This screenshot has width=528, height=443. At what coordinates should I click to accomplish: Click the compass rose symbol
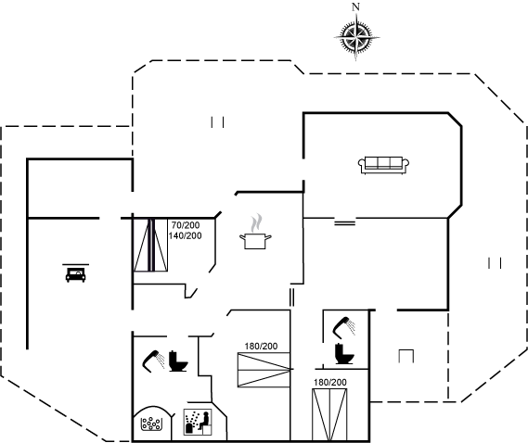coord(356,37)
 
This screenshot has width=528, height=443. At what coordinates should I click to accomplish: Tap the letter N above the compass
coord(355,6)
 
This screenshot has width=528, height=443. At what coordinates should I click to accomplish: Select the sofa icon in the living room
coord(383,165)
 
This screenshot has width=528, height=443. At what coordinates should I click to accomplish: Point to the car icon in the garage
coord(75,272)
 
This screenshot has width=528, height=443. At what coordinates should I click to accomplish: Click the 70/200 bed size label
coord(186,225)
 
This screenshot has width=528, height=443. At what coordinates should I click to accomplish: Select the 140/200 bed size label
coord(186,235)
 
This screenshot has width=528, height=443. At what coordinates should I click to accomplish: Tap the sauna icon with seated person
coord(198,422)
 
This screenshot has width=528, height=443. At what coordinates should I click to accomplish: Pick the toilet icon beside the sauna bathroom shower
coord(177,361)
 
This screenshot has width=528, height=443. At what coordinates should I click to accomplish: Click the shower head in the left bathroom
coord(153,361)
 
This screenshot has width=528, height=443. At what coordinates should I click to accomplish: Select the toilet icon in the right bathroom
coord(344,353)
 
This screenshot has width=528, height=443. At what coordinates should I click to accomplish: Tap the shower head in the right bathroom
coord(344,327)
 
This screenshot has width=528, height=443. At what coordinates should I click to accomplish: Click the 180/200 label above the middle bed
coord(261,346)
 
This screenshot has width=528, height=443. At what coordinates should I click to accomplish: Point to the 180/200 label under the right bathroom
coord(330,383)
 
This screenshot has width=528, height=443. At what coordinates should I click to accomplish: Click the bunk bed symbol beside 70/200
coord(150,245)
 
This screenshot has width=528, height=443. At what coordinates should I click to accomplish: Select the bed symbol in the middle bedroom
coord(264,370)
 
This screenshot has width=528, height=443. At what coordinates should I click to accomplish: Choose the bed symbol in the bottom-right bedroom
coord(329,415)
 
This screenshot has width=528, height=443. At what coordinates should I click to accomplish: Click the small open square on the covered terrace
coord(406,356)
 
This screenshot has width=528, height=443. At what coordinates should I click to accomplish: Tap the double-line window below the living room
coord(345,222)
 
